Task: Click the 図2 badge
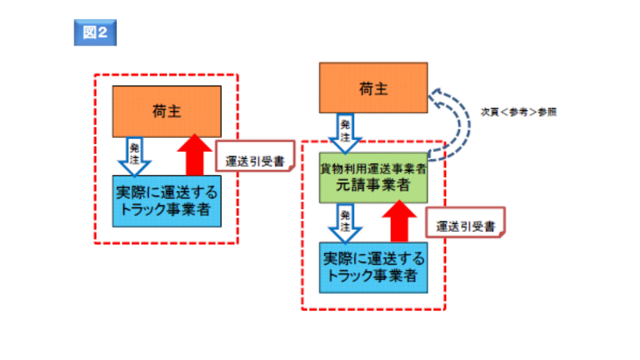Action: pyautogui.click(x=95, y=32)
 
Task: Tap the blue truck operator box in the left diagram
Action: pyautogui.click(x=166, y=201)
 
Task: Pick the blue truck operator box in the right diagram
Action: pyautogui.click(x=373, y=267)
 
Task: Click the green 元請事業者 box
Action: pyautogui.click(x=373, y=178)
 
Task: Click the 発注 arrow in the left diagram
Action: pyautogui.click(x=133, y=156)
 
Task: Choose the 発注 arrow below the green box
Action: pyautogui.click(x=345, y=225)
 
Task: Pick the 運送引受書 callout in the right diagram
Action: pyautogui.click(x=465, y=226)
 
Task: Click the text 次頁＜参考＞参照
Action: pyautogui.click(x=518, y=112)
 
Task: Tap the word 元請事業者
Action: pyautogui.click(x=373, y=185)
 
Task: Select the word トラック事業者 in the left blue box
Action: pyautogui.click(x=166, y=209)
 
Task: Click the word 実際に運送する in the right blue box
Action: pyautogui.click(x=373, y=259)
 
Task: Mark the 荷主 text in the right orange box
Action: pyautogui.click(x=373, y=89)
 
